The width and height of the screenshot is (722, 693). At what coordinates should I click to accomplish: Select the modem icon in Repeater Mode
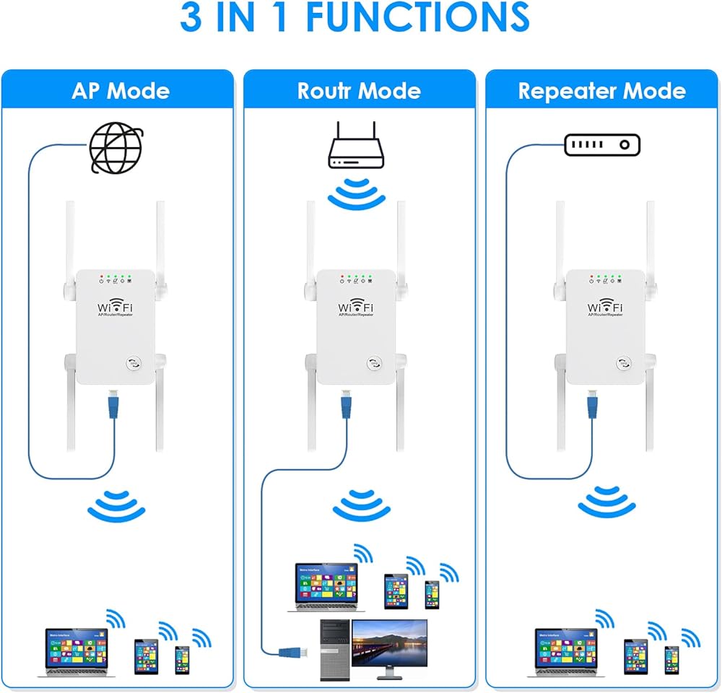(602, 146)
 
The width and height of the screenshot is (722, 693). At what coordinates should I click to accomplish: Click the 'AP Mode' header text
(121, 92)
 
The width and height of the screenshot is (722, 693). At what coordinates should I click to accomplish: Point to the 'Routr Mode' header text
(359, 92)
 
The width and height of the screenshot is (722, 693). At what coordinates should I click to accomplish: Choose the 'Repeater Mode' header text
(601, 92)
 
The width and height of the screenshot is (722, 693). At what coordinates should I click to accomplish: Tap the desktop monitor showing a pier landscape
(389, 645)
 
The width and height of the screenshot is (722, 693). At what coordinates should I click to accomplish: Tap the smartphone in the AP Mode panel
(182, 659)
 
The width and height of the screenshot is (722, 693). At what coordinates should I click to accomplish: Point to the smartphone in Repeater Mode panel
(672, 660)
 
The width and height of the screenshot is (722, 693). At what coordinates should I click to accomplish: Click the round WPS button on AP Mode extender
(134, 365)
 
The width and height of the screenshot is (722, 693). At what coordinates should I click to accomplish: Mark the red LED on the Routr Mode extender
(340, 276)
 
